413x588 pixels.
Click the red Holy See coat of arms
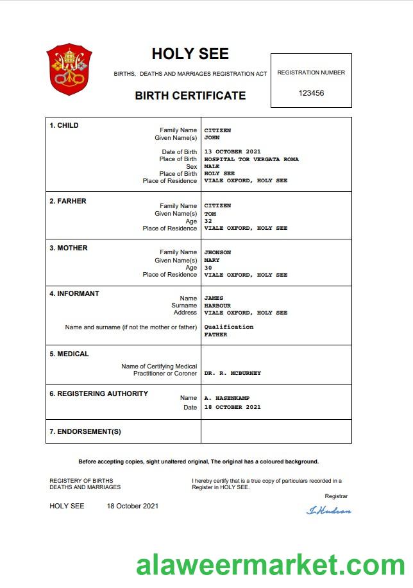point(69,69)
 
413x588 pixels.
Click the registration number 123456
point(311,93)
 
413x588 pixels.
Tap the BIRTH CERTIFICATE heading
point(190,96)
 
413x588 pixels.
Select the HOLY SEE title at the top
point(190,54)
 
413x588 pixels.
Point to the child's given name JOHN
point(212,137)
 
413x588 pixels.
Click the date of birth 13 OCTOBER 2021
point(232,152)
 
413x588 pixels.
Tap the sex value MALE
point(212,166)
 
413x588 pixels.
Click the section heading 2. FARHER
point(68,201)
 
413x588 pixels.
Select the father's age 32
point(208,221)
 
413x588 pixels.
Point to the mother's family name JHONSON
point(217,252)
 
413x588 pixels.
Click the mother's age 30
point(208,268)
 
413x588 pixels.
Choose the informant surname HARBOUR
point(217,306)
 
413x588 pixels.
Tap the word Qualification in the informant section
point(228,327)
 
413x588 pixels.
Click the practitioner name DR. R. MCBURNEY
point(232,373)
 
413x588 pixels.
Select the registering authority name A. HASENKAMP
point(227,398)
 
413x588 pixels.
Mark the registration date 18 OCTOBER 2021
point(232,407)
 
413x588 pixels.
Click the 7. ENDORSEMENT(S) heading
point(85,431)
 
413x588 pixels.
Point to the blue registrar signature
point(329,510)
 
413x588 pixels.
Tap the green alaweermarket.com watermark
point(270,566)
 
